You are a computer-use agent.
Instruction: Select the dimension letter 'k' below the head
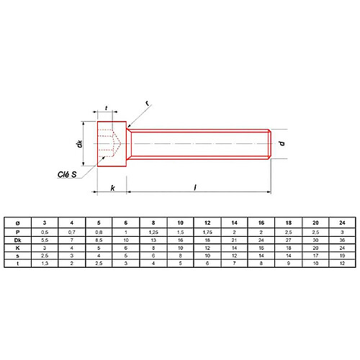pyautogui.click(x=112, y=187)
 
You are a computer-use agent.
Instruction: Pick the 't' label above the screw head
pyautogui.click(x=107, y=109)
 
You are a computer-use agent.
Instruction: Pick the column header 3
pyautogui.click(x=45, y=223)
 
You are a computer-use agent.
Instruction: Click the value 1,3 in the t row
pyautogui.click(x=45, y=264)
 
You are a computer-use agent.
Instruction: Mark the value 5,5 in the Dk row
pyautogui.click(x=45, y=239)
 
